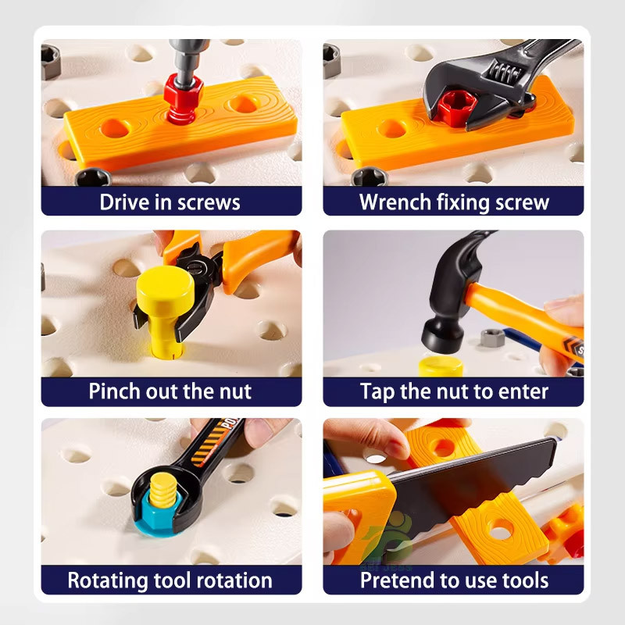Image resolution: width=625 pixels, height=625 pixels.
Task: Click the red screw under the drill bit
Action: tap(184, 100)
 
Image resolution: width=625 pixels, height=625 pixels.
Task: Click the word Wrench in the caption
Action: tap(395, 202)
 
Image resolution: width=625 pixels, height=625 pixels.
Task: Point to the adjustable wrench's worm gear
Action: tap(503, 72)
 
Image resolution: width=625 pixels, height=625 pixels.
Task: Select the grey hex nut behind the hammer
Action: tap(492, 338)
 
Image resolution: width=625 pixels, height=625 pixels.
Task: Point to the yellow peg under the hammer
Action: tap(441, 366)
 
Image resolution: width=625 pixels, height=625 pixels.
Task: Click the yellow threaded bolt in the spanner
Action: tap(162, 491)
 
